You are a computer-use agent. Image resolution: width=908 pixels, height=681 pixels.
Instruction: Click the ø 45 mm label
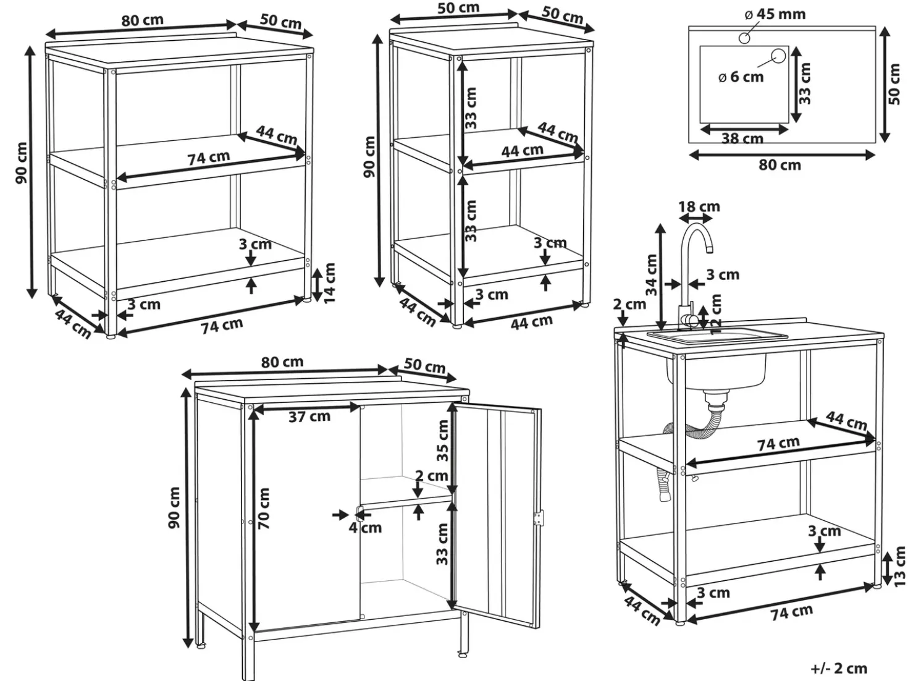coord(775,14)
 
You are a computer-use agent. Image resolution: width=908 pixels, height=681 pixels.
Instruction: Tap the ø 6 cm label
coord(741,77)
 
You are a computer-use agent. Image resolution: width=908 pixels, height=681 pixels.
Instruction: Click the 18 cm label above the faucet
coord(699,206)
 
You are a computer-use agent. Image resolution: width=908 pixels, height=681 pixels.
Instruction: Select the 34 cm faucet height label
coord(652,275)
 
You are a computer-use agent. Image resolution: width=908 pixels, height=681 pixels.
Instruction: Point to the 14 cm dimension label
coord(330,284)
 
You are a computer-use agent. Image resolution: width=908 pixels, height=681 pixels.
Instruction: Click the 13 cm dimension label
coord(900,567)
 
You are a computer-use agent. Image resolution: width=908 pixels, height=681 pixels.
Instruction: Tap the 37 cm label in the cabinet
coord(309,417)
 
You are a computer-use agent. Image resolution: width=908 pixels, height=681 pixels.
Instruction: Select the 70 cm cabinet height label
coord(264,509)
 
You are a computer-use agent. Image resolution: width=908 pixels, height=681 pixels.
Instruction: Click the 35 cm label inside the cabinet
coord(442,440)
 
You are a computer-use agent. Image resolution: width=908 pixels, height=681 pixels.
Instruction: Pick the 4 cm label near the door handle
coord(365,528)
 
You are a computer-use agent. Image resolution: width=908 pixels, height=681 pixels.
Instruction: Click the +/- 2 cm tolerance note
coord(839,668)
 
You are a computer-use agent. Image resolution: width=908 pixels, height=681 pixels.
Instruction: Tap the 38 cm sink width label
coord(742,138)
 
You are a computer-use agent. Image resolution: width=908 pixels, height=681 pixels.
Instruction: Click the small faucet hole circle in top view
coord(744,38)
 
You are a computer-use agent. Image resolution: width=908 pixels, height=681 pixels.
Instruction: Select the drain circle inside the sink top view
coord(778,56)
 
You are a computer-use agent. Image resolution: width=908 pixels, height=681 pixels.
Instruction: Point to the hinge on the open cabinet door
coord(538,518)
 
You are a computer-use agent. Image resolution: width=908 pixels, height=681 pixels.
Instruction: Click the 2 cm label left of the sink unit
coord(629,304)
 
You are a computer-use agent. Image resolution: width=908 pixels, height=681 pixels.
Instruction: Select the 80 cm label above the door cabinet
coord(282,362)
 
